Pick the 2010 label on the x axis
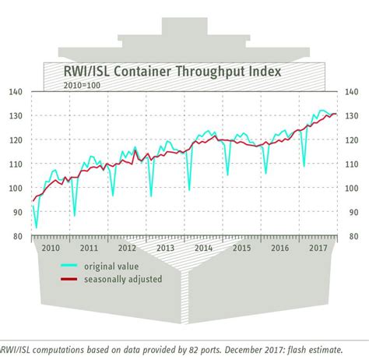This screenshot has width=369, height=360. click(50, 248)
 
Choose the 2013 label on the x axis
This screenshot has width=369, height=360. click(165, 248)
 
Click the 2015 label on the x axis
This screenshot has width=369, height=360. click(242, 248)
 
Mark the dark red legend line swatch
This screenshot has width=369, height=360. click(71, 279)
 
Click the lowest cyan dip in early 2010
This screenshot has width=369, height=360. click(36, 228)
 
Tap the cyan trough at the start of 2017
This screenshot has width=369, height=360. click(304, 166)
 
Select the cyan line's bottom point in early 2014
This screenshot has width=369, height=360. click(189, 189)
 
